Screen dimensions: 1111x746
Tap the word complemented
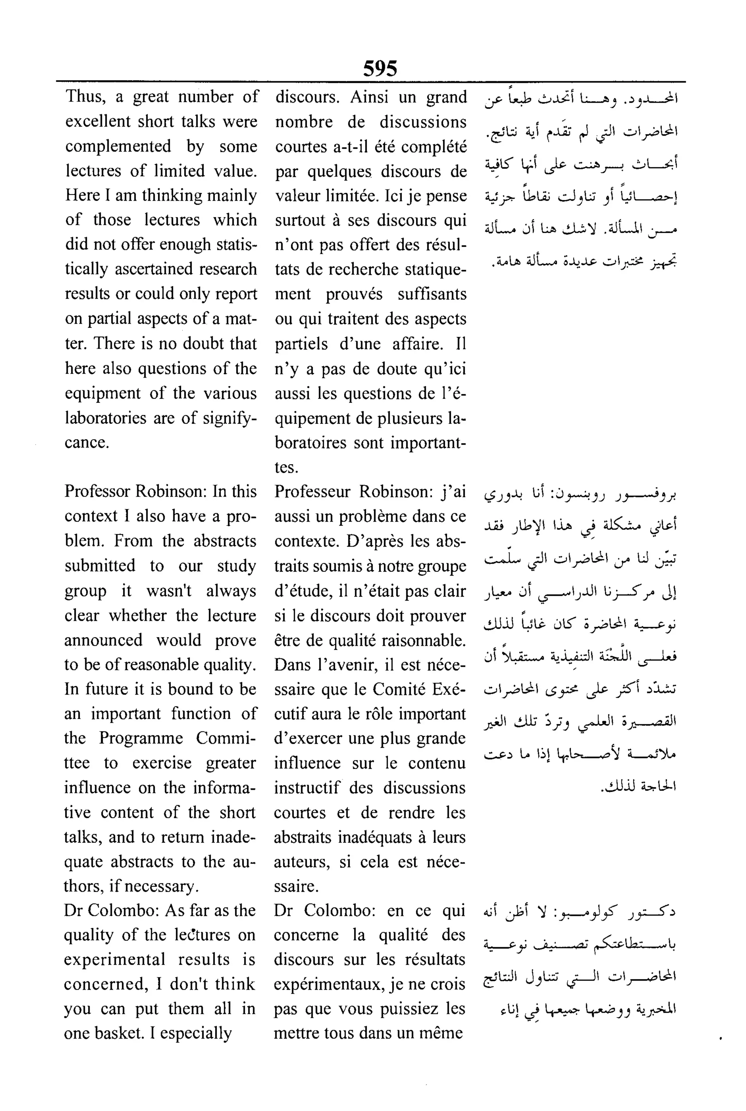pyautogui.click(x=118, y=146)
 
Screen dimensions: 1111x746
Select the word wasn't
pyautogui.click(x=168, y=591)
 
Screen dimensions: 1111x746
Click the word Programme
pyautogui.click(x=141, y=738)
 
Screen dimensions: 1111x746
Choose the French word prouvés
pyautogui.click(x=354, y=294)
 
